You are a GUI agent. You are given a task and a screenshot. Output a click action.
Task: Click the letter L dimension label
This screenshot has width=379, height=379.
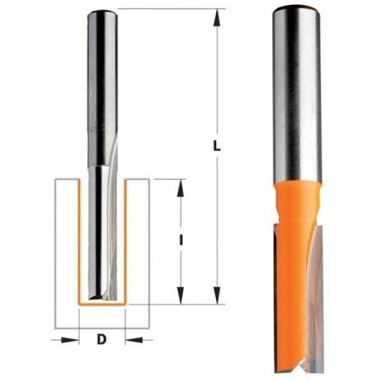click(217, 146)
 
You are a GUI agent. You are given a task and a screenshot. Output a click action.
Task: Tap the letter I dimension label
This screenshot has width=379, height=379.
click(180, 241)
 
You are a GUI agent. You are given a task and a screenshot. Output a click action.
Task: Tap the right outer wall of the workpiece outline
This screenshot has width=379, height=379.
click(150, 248)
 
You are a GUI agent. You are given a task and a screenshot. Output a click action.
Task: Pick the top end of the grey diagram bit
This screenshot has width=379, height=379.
click(102, 11)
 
